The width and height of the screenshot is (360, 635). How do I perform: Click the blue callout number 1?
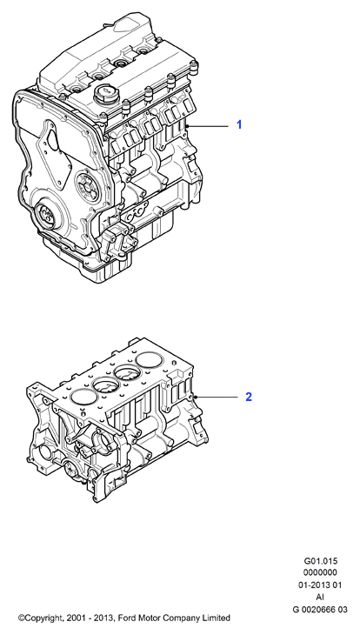(x=239, y=124)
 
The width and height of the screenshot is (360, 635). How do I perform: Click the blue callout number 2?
(x=249, y=397)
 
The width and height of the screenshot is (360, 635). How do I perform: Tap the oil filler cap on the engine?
(x=105, y=94)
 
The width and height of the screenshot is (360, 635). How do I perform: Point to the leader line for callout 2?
(x=216, y=398)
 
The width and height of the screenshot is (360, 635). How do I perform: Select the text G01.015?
(x=320, y=561)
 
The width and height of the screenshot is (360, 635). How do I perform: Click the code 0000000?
(x=320, y=572)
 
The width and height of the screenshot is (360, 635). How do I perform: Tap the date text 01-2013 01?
(x=320, y=585)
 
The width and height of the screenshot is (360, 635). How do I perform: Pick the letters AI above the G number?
(x=320, y=597)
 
